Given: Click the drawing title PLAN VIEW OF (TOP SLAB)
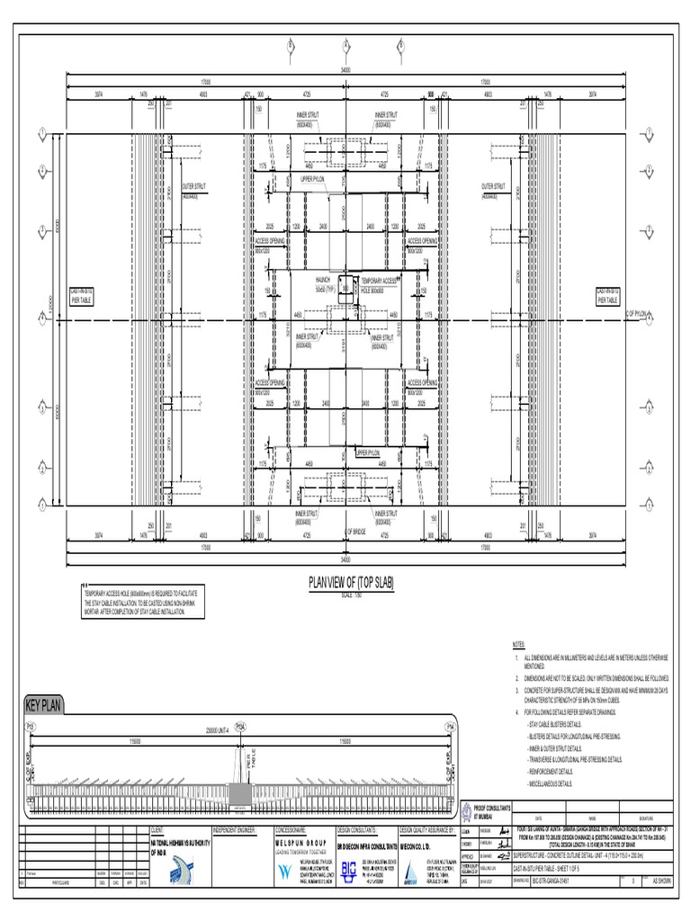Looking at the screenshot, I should pyautogui.click(x=345, y=583).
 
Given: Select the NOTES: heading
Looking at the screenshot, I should pyautogui.click(x=517, y=645).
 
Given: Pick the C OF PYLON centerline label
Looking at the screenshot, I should pyautogui.click(x=637, y=313).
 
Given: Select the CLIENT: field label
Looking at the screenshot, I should pyautogui.click(x=158, y=829).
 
